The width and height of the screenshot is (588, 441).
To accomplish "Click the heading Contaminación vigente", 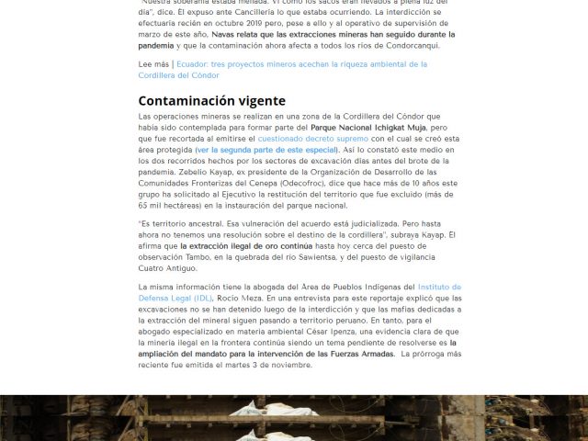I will [x=211, y=101].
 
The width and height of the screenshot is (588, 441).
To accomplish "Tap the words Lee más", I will [x=153, y=64].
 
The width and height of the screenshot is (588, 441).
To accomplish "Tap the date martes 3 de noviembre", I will [x=259, y=364].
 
